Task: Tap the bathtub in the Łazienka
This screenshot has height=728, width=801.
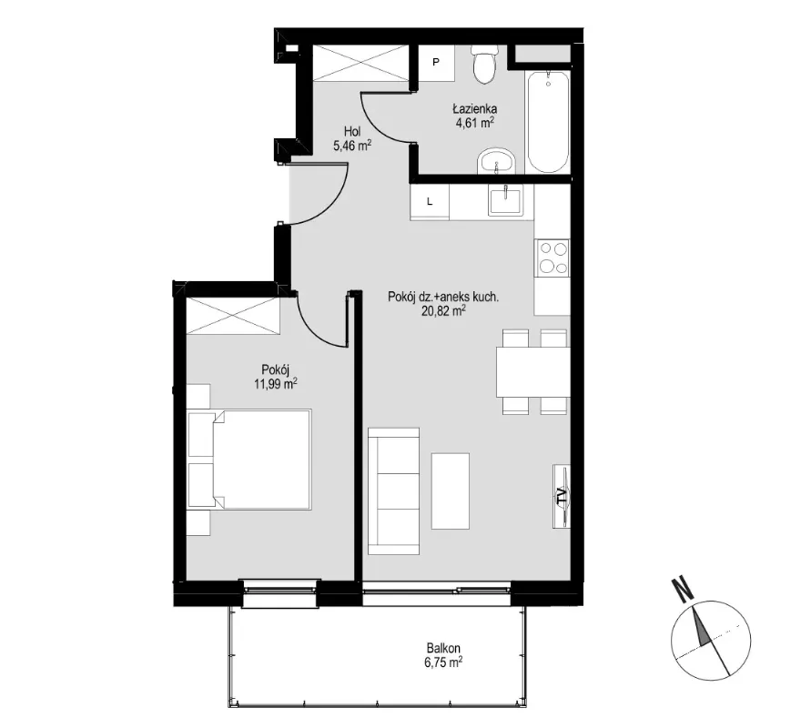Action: pos(548,123)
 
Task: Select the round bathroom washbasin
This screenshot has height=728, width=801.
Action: pos(497,162)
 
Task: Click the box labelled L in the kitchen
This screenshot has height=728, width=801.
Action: pos(430,202)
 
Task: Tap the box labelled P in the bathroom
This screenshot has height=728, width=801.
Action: pos(436,62)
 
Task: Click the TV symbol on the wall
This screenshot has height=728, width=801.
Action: pos(562,496)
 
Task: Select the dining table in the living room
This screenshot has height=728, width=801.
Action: pos(532,371)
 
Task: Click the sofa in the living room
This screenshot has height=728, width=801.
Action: pos(394,491)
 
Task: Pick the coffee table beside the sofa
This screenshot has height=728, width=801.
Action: pos(450,491)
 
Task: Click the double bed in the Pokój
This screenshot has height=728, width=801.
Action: pos(249,460)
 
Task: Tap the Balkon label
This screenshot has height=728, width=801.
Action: pos(443,648)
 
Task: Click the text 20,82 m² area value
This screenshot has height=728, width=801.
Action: pos(443,310)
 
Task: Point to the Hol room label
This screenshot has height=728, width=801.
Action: pos(352,132)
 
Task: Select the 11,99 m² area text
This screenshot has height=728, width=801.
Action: pos(275,384)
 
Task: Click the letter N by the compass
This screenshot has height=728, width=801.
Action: pos(683,589)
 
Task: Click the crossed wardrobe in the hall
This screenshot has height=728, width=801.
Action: pos(360,63)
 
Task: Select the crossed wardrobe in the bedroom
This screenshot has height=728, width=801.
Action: pos(233,316)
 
